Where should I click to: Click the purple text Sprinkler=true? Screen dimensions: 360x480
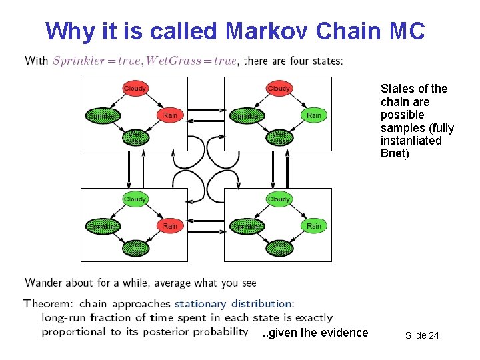pyautogui.click(x=96, y=61)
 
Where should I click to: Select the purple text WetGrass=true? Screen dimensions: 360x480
pyautogui.click(x=191, y=61)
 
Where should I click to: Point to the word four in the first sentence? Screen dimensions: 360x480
pyautogui.click(x=300, y=61)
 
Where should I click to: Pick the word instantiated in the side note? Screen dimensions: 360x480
pyautogui.click(x=411, y=141)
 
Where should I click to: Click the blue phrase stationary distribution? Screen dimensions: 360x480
pyautogui.click(x=233, y=304)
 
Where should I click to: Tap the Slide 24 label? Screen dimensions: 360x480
pyautogui.click(x=422, y=335)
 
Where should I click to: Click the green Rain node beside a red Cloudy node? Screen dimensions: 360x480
pyautogui.click(x=314, y=115)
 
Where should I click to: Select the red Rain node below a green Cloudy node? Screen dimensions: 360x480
pyautogui.click(x=170, y=226)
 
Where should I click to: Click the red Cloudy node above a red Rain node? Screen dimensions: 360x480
pyautogui.click(x=135, y=88)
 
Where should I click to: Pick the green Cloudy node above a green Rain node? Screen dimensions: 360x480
pyautogui.click(x=279, y=199)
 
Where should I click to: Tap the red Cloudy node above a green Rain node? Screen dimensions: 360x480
pyautogui.click(x=279, y=88)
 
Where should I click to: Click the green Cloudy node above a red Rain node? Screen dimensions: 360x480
pyautogui.click(x=135, y=199)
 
